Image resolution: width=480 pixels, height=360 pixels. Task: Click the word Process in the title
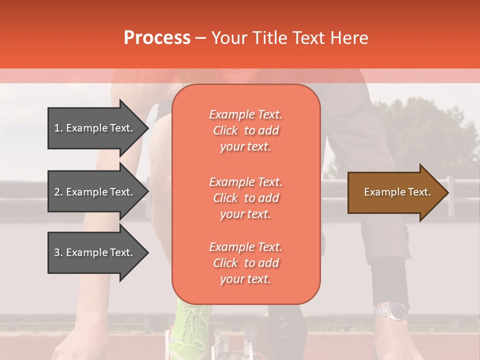(157, 38)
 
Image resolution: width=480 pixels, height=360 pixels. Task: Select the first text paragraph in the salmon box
(245, 130)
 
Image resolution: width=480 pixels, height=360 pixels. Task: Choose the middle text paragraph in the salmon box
(245, 198)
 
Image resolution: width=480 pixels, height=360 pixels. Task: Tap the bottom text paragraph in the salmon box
(245, 263)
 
